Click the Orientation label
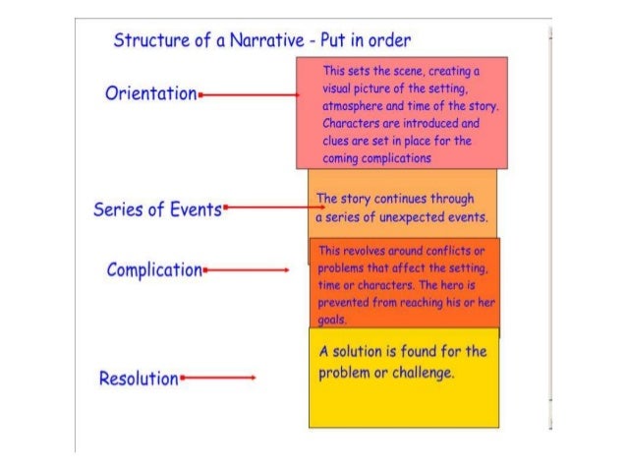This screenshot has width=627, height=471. [x=150, y=93]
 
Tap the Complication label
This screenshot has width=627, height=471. [x=154, y=268]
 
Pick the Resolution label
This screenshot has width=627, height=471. [x=139, y=378]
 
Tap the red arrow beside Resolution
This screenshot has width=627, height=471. [x=219, y=378]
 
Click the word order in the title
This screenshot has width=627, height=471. [x=390, y=40]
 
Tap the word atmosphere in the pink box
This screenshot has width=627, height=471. [x=355, y=106]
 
